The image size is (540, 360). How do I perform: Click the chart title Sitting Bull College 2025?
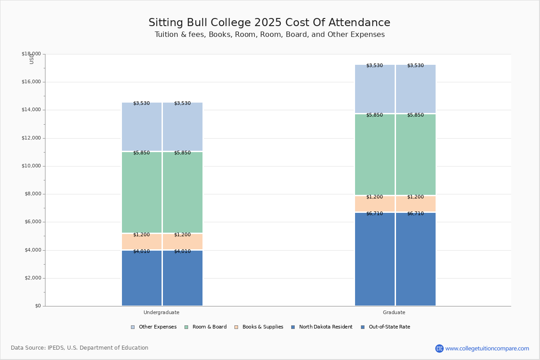pos(269,23)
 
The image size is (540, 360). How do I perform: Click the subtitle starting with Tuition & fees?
pos(270,35)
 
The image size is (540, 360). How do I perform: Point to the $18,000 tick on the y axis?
pos(31,54)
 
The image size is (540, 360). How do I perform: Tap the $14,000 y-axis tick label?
pos(31,110)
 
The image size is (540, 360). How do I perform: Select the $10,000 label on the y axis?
pos(31,166)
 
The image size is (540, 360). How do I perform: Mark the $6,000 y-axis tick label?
pos(32,222)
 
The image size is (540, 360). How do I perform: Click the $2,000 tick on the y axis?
pos(32,278)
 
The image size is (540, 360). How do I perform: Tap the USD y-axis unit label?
pos(31,59)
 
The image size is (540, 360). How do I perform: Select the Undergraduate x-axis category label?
pos(161,312)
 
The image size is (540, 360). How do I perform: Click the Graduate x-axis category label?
pos(394,312)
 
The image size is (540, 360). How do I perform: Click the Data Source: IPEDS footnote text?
pos(80,348)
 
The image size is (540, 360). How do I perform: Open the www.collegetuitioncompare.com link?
pos(487,348)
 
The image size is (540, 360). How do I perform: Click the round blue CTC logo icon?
pos(439,348)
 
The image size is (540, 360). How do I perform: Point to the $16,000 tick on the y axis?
pos(31,82)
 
